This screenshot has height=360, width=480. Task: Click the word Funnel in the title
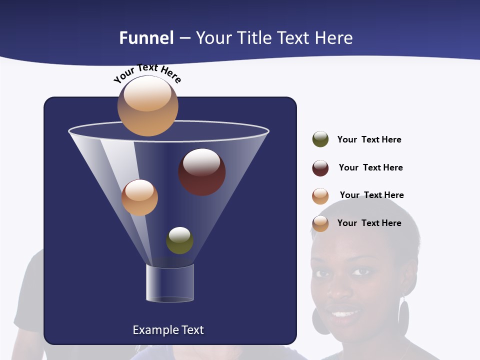point(146,38)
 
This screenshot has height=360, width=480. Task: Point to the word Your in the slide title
point(213,38)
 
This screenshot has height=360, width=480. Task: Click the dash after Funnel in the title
point(184,38)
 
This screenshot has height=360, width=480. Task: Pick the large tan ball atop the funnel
point(147,106)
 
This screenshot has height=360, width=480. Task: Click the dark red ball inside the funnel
point(202,172)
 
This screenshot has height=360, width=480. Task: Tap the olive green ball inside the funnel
point(179,240)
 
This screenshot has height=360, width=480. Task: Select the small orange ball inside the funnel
point(139,197)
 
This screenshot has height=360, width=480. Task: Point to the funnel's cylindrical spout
point(170,283)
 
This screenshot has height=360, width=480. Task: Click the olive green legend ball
point(320,139)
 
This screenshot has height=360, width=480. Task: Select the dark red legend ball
point(320,168)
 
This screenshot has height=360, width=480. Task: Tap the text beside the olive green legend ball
point(369,139)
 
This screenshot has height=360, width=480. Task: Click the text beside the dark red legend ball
point(370,167)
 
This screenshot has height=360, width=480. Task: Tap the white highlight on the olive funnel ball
point(179,234)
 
